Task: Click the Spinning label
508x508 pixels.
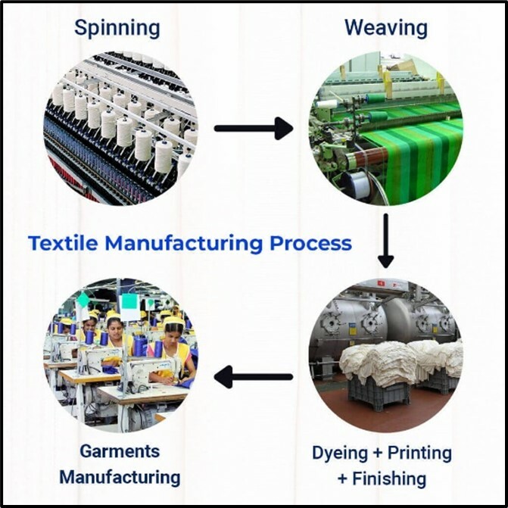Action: [117, 29]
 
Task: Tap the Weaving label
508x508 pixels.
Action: [385, 29]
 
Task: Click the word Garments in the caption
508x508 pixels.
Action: [120, 451]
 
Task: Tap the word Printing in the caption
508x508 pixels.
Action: [419, 453]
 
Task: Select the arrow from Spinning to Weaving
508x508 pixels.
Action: [253, 128]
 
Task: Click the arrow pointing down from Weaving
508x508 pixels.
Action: [385, 241]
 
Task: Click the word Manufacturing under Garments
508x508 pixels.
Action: [120, 477]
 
